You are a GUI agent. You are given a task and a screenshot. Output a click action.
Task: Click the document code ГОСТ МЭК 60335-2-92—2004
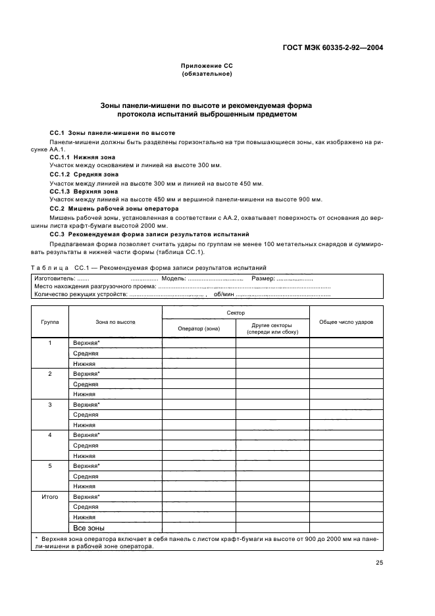pyautogui.click(x=334, y=47)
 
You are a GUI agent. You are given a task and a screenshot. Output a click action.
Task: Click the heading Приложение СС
pyautogui.click(x=207, y=66)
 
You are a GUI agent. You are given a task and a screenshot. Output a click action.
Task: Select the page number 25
pyautogui.click(x=379, y=562)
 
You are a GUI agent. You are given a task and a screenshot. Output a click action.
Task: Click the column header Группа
pyautogui.click(x=50, y=322)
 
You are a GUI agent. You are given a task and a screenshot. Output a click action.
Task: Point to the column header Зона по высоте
pyautogui.click(x=115, y=322)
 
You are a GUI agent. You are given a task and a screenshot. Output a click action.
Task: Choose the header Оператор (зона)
pyautogui.click(x=199, y=328)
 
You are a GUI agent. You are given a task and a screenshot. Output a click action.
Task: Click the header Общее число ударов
pyautogui.click(x=346, y=322)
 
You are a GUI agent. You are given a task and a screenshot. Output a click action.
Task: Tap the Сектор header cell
pyautogui.click(x=236, y=313)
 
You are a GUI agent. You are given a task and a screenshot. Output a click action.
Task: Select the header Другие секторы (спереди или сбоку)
pyautogui.click(x=272, y=328)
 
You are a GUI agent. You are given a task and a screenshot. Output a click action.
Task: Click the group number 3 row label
pyautogui.click(x=50, y=404)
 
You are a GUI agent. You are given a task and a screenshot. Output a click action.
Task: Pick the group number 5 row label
pyautogui.click(x=50, y=465)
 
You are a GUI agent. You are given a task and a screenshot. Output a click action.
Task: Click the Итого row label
pyautogui.click(x=50, y=496)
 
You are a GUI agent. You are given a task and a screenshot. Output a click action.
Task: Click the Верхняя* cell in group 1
pyautogui.click(x=86, y=343)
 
